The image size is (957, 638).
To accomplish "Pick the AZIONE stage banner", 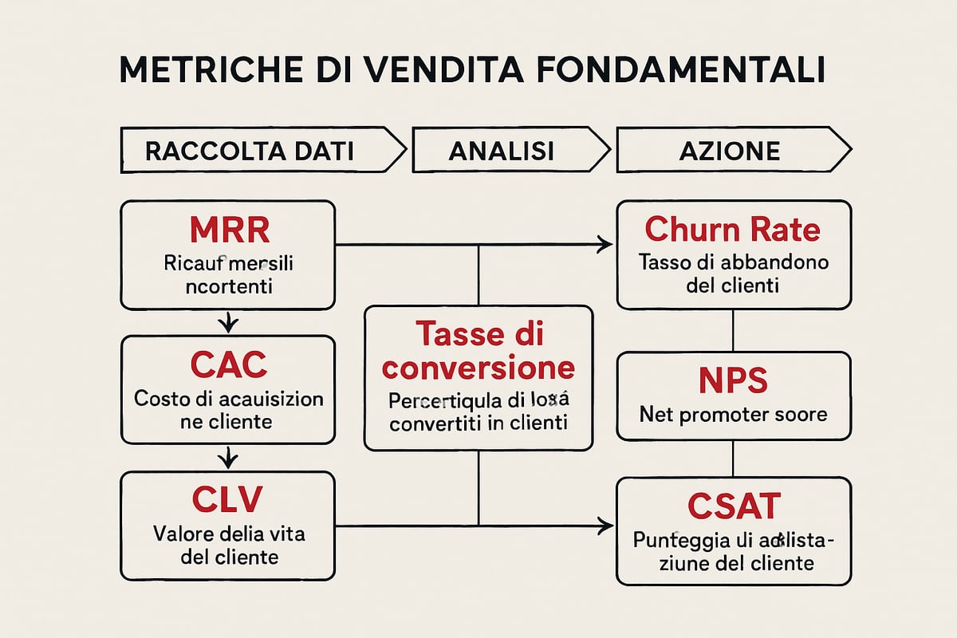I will (729, 151).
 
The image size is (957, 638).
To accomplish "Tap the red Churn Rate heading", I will (732, 230).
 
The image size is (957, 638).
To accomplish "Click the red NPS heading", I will (733, 381).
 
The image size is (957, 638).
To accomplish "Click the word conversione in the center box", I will (478, 368).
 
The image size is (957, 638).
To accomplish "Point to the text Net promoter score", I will (733, 415).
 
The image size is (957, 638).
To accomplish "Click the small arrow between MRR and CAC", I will (229, 322).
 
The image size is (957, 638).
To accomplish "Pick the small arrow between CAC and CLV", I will (229, 457).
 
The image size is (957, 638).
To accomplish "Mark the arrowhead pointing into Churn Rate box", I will (606, 246).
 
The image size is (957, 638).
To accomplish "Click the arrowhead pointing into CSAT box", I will (606, 526).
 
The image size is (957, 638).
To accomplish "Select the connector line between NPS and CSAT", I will (733, 459).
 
